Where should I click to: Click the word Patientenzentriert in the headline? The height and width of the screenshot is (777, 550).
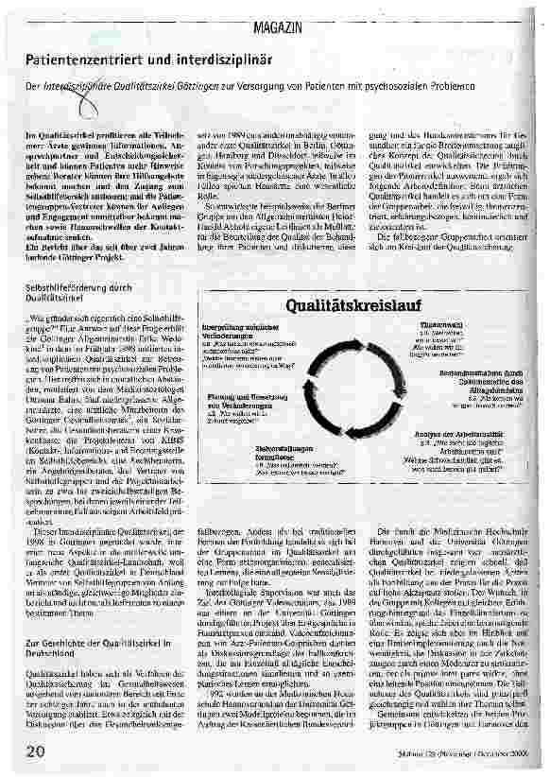click(x=79, y=60)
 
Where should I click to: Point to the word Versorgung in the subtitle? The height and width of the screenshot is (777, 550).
click(x=273, y=88)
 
